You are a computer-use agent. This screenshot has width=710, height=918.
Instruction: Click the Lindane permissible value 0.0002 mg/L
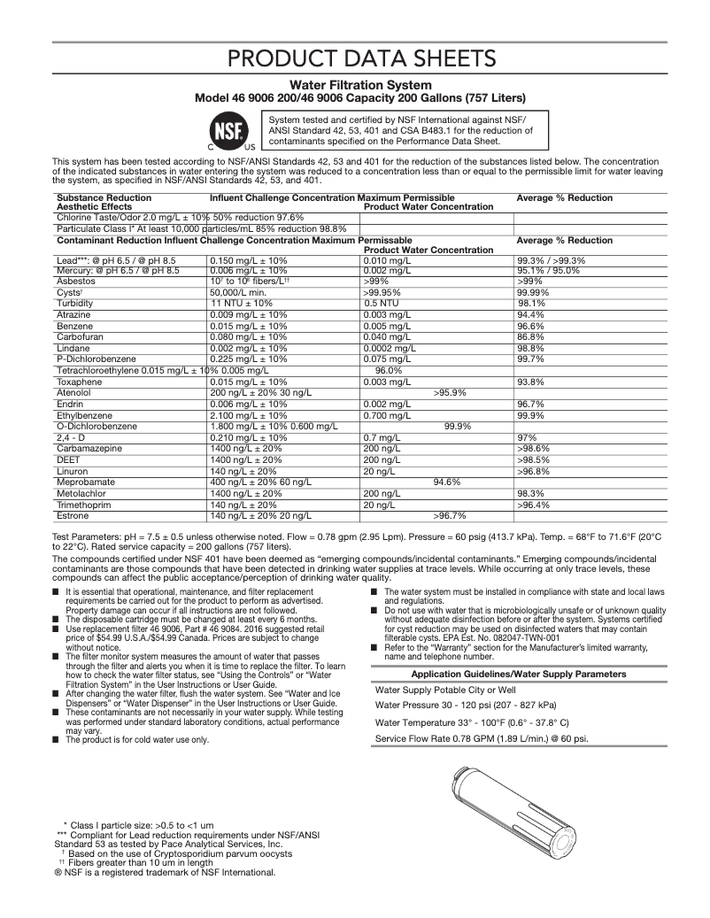[x=389, y=348]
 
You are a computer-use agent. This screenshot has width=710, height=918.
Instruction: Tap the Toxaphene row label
[x=80, y=382]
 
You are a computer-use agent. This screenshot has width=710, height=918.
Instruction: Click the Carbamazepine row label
[x=89, y=449]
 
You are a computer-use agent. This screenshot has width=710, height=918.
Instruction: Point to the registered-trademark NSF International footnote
[x=165, y=872]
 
